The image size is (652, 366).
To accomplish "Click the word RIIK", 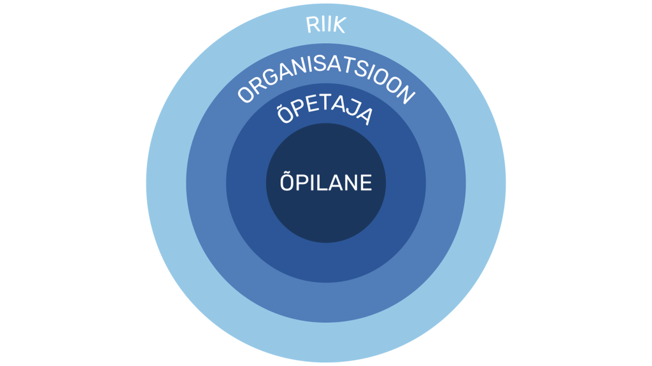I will pos(326,25).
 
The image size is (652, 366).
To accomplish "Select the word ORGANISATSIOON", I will pos(326,81).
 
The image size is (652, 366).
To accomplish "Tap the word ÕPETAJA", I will pos(325,113).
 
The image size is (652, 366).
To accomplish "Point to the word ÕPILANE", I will pos(326,183).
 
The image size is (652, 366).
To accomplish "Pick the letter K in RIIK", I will pos(339,26).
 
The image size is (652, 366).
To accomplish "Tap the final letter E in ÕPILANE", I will pos(365,183).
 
